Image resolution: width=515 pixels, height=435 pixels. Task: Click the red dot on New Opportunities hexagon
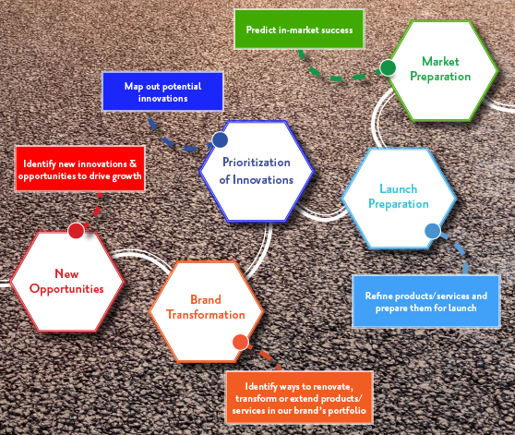tap(77, 231)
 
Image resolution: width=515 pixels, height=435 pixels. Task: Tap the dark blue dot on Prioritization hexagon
tap(220, 140)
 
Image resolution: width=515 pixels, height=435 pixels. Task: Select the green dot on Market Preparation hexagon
tap(388, 67)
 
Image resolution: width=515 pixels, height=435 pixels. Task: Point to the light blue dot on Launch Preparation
tap(433, 231)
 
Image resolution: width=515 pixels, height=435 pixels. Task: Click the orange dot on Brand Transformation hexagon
tap(240, 343)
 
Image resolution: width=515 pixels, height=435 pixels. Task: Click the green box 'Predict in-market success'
tap(299, 30)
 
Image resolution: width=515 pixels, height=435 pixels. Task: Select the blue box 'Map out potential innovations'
tap(163, 91)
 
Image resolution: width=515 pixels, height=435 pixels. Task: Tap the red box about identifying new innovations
tap(80, 169)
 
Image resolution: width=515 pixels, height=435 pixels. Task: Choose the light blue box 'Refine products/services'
tap(426, 302)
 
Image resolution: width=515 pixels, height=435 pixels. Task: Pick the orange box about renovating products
tap(299, 397)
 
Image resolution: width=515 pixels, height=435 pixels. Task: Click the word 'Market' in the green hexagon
tap(440, 62)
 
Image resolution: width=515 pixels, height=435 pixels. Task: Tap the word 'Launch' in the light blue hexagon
tap(399, 189)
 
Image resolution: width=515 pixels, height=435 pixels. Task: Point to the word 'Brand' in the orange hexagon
tap(206, 299)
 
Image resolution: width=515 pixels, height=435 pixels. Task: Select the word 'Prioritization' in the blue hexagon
tap(257, 163)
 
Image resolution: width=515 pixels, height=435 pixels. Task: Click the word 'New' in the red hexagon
tap(66, 273)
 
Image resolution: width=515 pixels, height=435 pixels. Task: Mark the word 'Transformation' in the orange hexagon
tap(206, 315)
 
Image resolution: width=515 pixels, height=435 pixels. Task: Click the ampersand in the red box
tap(133, 163)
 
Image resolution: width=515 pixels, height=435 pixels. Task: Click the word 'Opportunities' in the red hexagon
tap(66, 289)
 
